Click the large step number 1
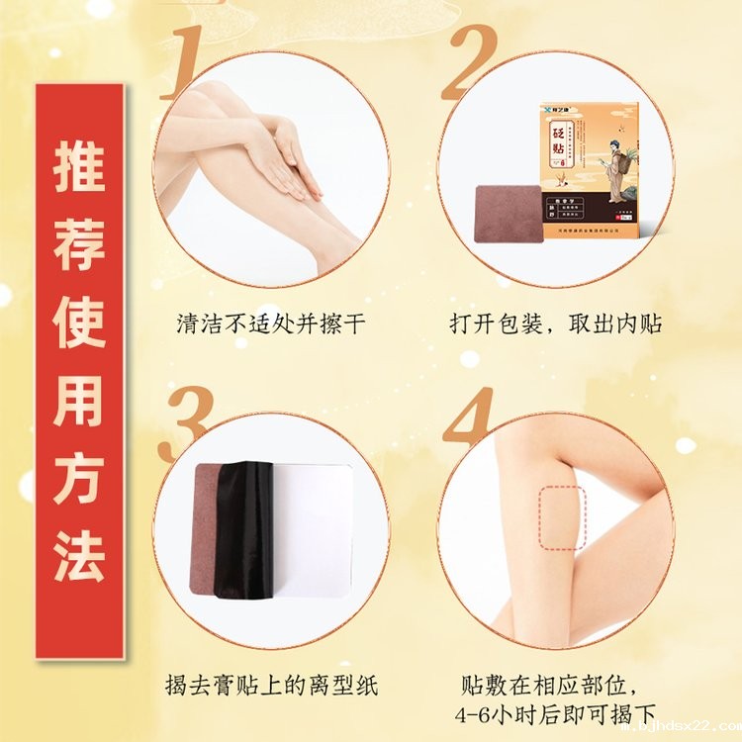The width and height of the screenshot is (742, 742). click(x=189, y=61)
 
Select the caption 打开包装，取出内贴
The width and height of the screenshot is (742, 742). click(x=556, y=325)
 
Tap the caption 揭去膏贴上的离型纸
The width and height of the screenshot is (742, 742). click(x=271, y=685)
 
